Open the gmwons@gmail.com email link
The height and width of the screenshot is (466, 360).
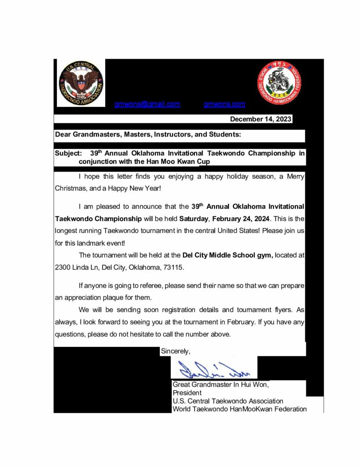click(x=147, y=104)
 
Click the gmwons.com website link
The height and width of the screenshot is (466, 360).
click(x=224, y=104)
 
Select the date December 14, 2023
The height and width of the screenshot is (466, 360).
click(x=260, y=119)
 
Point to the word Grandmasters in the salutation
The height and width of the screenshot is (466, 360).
click(x=95, y=135)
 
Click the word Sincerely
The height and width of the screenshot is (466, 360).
click(x=175, y=351)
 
